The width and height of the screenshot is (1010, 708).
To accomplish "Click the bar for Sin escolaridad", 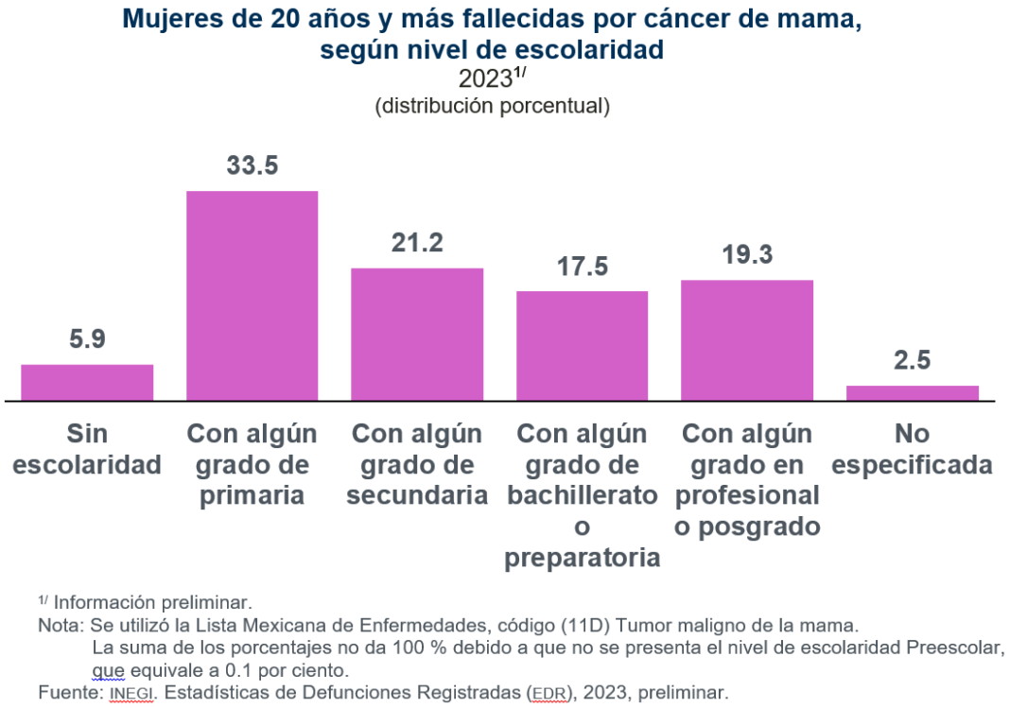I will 87,382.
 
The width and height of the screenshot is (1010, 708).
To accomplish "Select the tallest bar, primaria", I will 252,295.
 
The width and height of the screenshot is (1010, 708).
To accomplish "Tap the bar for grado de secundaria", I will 417,334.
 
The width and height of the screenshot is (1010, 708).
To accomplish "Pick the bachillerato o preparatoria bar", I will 582,345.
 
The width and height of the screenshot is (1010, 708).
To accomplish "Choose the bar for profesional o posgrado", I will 747,339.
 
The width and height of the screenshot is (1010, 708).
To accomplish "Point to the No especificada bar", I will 912,392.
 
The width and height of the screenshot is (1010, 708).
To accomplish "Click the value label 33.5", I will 252,165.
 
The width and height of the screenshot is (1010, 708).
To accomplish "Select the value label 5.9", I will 87,339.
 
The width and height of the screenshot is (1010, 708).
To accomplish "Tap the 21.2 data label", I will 417,243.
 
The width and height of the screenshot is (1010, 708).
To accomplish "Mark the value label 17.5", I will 582,267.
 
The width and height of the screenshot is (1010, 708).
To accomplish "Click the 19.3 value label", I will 747,254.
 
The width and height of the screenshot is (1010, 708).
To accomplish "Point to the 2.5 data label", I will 912,361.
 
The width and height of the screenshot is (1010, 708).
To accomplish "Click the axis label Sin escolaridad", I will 87,449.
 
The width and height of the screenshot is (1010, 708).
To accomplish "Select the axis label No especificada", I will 912,449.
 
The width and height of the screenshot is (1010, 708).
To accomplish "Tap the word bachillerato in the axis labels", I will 582,495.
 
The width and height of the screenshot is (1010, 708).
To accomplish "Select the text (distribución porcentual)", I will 492,106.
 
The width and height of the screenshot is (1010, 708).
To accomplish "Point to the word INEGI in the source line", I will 130,693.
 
